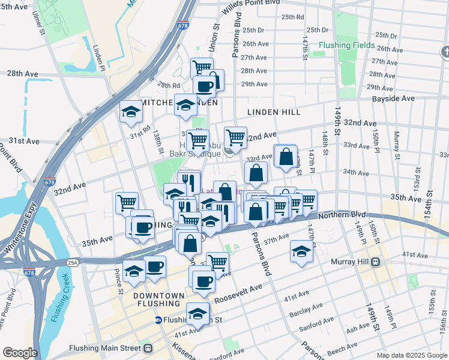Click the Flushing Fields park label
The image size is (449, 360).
pos(346,45)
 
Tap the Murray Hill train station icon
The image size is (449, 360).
pos(376,262)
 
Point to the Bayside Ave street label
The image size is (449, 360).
pos(393,98)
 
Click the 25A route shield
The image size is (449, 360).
pos(73,262)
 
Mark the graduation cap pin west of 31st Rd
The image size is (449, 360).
pos(130,112)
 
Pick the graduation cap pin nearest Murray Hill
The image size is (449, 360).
pos(301,252)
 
